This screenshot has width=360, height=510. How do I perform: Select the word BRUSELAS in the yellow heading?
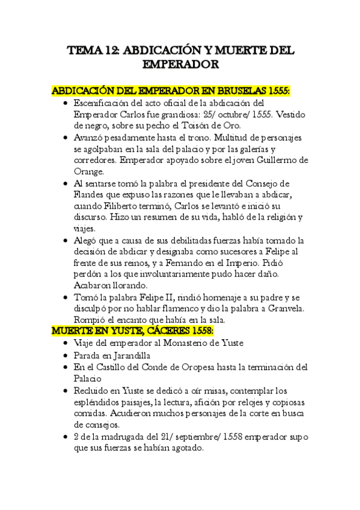[x=239, y=90]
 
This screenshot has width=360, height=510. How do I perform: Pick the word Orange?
[x=88, y=171]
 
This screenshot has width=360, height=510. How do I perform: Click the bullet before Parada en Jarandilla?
[x=66, y=355]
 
